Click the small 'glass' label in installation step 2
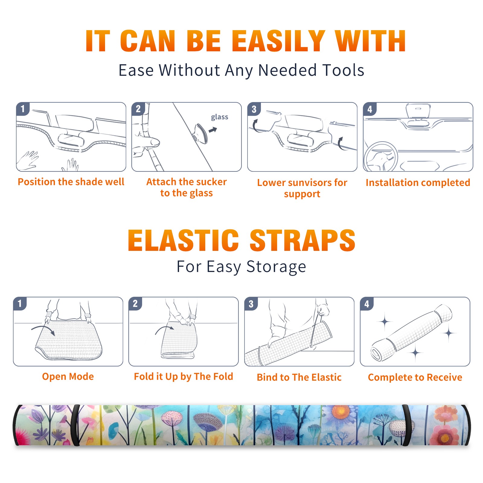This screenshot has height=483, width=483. [x=219, y=117]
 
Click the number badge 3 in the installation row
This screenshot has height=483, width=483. [x=254, y=109]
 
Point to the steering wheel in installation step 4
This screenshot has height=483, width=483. [x=381, y=156]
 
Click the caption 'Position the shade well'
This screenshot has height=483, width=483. [x=71, y=182]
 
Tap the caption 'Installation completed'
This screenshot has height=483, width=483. [x=418, y=183]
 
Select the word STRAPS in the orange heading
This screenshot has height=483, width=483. [x=302, y=240]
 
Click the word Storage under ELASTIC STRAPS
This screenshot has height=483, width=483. [x=276, y=267]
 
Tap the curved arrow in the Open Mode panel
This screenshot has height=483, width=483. [x=43, y=330]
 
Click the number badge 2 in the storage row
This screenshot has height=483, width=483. [x=135, y=303]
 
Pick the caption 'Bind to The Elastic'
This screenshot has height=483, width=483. [x=299, y=377]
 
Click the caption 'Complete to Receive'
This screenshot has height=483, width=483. [x=415, y=377]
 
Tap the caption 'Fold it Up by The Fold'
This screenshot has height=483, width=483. [x=184, y=376]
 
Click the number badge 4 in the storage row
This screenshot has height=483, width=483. [x=367, y=304]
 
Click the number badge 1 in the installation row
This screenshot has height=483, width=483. [x=23, y=109]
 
